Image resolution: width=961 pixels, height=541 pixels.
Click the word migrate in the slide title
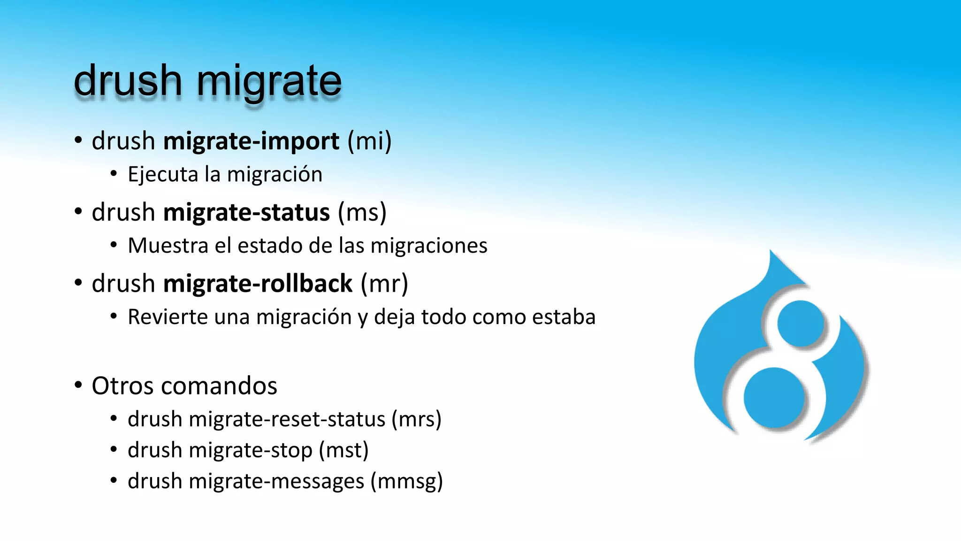click(x=269, y=82)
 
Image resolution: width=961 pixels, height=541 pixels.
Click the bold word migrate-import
click(x=251, y=141)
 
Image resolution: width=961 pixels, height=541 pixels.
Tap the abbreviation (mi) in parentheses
click(x=369, y=141)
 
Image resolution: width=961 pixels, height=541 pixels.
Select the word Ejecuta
click(x=163, y=175)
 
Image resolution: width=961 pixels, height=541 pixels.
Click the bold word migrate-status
click(x=246, y=213)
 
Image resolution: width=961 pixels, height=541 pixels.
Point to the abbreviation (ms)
click(x=362, y=213)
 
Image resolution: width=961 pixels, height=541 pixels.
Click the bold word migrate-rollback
click(x=258, y=284)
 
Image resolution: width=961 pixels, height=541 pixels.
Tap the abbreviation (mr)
click(x=384, y=284)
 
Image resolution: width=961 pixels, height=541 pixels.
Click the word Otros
click(x=122, y=386)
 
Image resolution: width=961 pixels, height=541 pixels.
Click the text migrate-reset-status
click(x=287, y=419)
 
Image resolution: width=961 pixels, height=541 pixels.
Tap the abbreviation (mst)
click(x=343, y=450)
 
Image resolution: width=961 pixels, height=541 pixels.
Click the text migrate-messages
click(x=276, y=481)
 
